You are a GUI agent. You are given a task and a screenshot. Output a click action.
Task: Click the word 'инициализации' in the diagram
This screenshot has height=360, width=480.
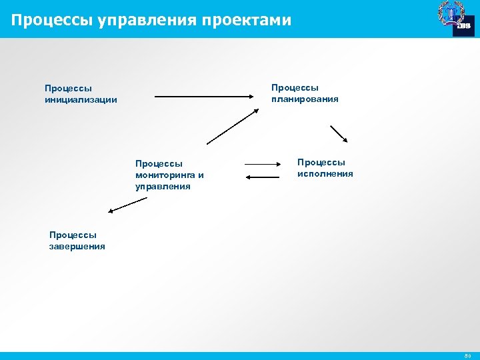point(81,100)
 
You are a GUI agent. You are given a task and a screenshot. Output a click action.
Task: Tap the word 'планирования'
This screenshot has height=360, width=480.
point(305,99)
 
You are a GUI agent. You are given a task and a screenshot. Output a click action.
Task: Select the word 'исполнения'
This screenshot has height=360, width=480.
point(325,174)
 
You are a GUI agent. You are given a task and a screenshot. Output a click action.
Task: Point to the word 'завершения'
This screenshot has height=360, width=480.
point(77,247)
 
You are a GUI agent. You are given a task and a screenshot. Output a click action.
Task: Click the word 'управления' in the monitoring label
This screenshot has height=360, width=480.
point(163,187)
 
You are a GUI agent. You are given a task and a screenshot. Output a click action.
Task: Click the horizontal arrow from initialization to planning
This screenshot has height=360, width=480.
point(207,98)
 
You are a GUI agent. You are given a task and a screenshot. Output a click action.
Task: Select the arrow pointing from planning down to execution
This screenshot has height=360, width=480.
point(339,134)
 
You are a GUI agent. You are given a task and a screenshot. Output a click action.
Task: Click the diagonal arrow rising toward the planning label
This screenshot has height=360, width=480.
point(232,127)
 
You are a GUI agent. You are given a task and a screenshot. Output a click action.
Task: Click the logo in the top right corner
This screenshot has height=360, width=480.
point(455,18)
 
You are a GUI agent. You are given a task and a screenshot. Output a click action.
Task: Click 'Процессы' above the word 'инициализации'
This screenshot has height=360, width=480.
point(68,88)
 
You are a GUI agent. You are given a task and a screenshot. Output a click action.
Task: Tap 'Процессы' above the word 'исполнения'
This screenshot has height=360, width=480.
point(321,162)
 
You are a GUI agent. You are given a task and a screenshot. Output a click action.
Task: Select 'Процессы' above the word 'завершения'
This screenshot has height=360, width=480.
point(73,235)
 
